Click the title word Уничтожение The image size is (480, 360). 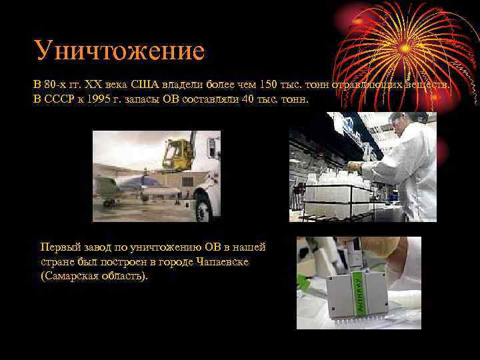click(120, 51)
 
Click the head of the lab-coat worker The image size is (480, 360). click(398, 124)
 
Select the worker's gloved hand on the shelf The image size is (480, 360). click(354, 167)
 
